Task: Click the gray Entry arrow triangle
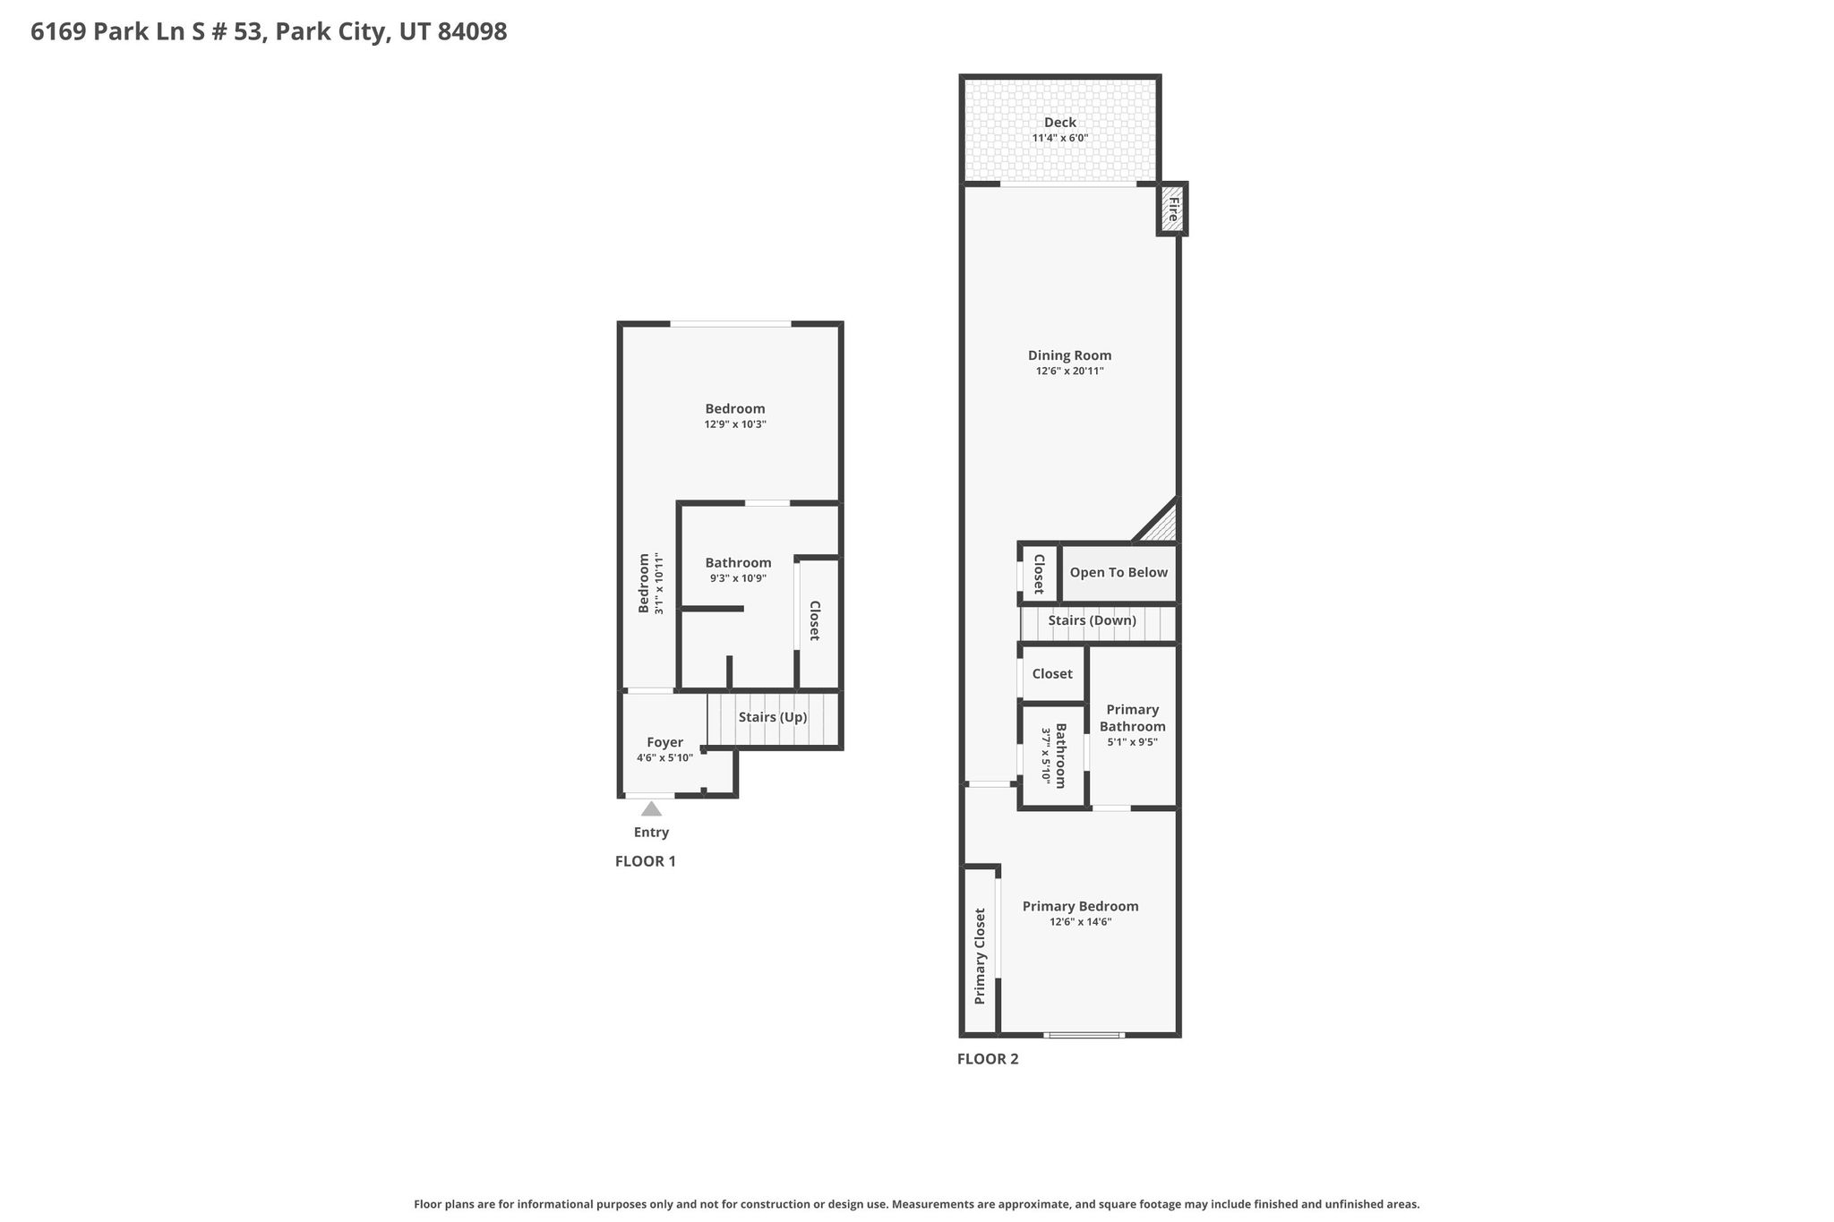[651, 808]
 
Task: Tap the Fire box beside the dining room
[1171, 209]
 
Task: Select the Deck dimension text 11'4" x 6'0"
[1060, 139]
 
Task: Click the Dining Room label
[1069, 355]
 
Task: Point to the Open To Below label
[1118, 572]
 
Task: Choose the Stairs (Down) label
[1093, 620]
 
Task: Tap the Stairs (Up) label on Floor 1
[773, 717]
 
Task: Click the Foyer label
[664, 742]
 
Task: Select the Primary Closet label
[980, 956]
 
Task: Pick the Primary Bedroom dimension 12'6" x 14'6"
[1081, 922]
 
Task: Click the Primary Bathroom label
[1133, 718]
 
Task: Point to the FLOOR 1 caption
[646, 861]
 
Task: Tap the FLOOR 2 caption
[988, 1059]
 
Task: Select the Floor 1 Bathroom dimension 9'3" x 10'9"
[738, 578]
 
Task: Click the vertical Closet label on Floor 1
[814, 620]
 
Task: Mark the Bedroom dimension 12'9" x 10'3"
[735, 424]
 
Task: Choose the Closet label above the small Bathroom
[1052, 673]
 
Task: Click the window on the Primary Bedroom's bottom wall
[1084, 1036]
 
